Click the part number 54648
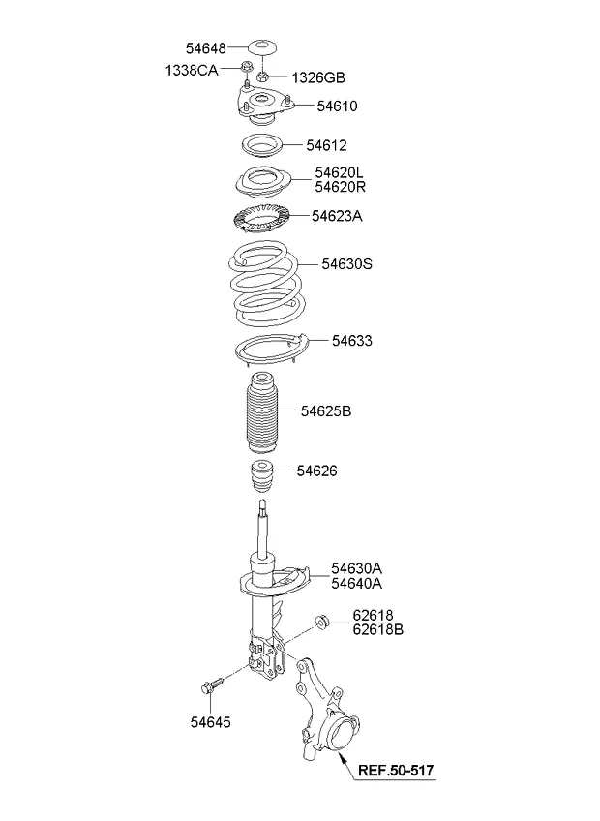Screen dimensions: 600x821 (206, 48)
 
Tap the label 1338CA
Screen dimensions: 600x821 (192, 70)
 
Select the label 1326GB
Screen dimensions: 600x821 (318, 78)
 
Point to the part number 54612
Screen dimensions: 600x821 (327, 145)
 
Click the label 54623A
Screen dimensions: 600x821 (337, 216)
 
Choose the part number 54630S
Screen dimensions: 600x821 (346, 264)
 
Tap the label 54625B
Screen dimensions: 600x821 (326, 411)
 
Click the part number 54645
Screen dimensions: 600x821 (210, 722)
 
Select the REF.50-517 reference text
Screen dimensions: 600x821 (396, 771)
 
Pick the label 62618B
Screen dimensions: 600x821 (378, 629)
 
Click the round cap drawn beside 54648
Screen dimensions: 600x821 (263, 46)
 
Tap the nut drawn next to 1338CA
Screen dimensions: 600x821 (247, 68)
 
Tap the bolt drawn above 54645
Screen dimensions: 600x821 (212, 686)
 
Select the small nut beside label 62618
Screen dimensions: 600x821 (321, 622)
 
